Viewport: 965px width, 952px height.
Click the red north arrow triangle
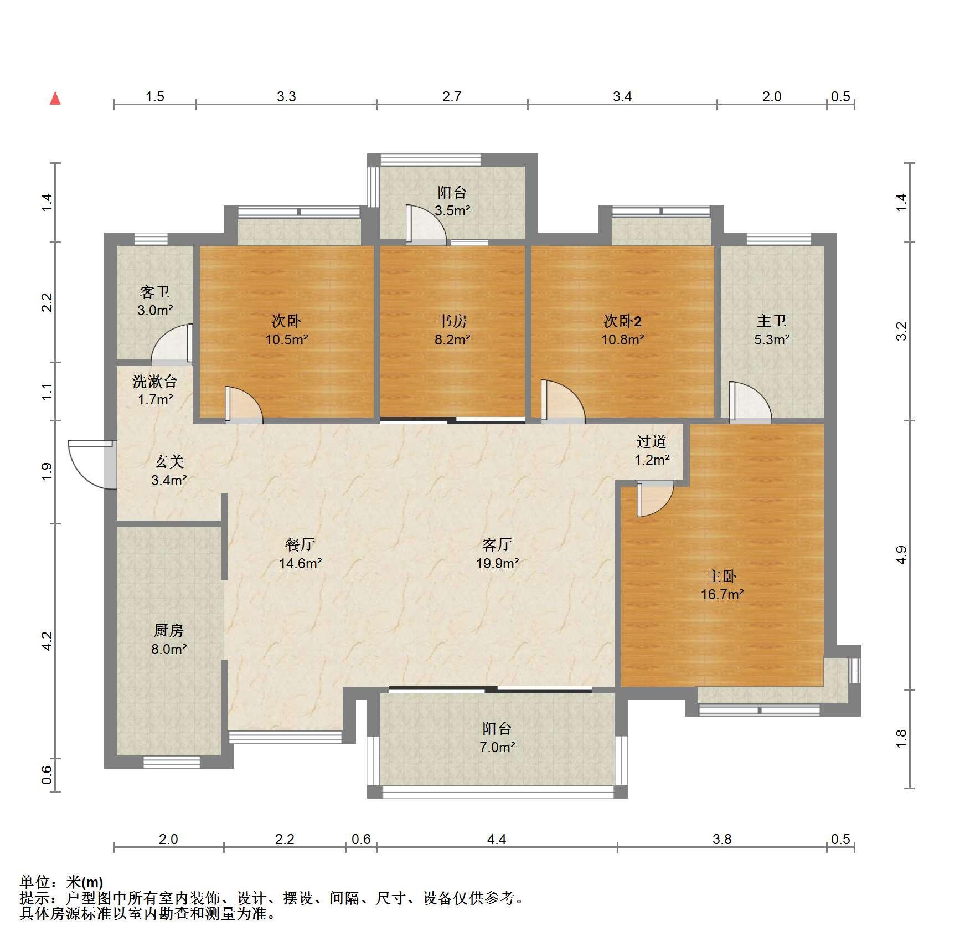pos(55,99)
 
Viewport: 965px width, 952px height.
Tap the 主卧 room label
pos(722,577)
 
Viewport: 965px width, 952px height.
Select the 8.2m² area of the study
pos(452,339)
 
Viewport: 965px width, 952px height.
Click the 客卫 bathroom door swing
pos(172,343)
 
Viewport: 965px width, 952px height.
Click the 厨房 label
pos(168,630)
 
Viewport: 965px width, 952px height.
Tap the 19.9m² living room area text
pos(497,563)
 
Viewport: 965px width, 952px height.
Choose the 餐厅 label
pos(300,544)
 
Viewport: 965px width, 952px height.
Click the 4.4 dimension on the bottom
pos(497,839)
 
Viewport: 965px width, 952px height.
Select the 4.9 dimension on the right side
pos(901,555)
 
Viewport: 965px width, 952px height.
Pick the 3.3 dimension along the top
pos(286,96)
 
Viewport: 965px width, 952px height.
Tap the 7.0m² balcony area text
pos(497,747)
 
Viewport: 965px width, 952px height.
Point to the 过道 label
pos(652,441)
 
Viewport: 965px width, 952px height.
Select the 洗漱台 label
pos(154,381)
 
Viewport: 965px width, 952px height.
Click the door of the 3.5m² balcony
pos(426,225)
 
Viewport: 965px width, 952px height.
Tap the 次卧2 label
pos(622,321)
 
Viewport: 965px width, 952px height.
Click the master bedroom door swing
pos(655,499)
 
